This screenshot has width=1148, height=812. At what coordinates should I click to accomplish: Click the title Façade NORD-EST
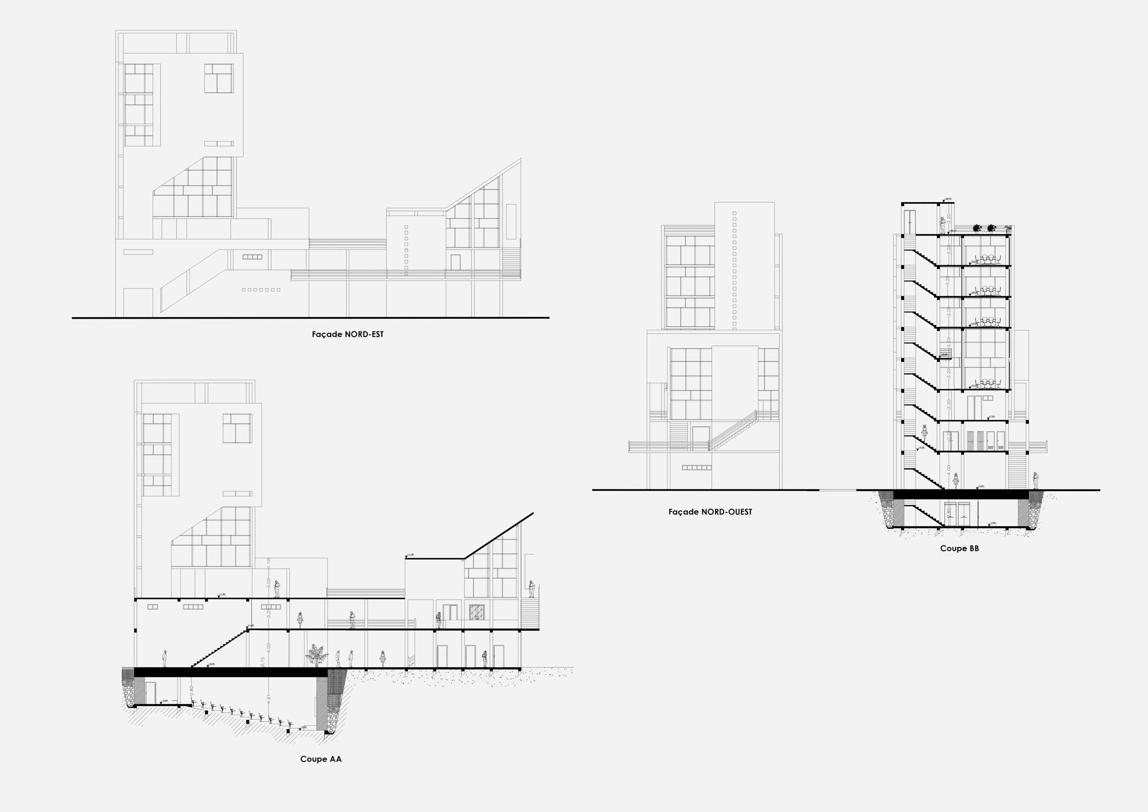[x=347, y=334]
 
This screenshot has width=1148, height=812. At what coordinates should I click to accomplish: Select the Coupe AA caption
[x=320, y=759]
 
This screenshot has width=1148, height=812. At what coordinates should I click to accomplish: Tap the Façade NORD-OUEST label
[x=710, y=512]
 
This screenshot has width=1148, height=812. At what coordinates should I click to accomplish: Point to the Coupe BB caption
[x=959, y=548]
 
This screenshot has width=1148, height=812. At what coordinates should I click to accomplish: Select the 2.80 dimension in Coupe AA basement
[x=191, y=692]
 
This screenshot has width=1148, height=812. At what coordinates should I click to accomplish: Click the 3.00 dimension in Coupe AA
[x=268, y=583]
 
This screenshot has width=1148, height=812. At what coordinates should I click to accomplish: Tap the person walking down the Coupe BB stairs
[x=925, y=431]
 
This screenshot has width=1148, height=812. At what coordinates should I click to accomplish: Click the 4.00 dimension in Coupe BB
[x=949, y=470]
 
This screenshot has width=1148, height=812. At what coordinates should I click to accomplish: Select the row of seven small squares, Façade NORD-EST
[x=261, y=290]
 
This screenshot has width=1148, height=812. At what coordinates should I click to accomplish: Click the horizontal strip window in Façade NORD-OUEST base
[x=696, y=468]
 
